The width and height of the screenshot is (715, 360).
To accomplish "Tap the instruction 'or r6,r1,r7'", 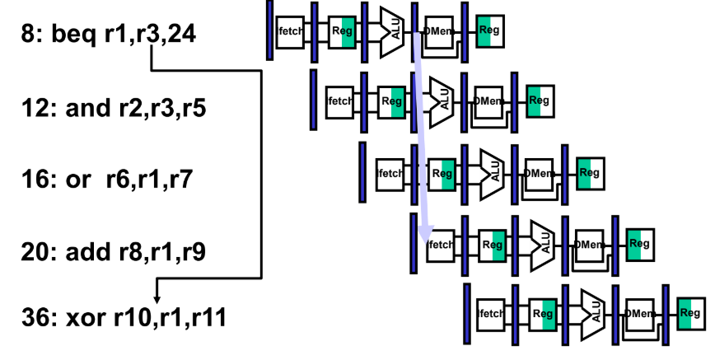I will [135, 178].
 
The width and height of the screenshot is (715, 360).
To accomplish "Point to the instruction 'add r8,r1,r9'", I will [135, 250].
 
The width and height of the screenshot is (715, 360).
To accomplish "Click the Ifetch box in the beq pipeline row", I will [289, 30].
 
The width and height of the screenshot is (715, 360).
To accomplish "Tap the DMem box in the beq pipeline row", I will [437, 30].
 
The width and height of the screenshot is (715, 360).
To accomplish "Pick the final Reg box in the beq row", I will [489, 30].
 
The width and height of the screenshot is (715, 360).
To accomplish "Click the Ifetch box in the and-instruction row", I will [339, 101].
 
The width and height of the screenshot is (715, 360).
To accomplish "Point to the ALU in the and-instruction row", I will [442, 101].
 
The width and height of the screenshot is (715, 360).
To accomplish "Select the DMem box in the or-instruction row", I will [538, 173].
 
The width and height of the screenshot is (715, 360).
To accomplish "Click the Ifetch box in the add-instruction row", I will [439, 244].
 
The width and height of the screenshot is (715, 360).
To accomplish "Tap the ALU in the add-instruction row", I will [543, 244].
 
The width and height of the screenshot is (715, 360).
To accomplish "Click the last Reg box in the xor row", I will [691, 313].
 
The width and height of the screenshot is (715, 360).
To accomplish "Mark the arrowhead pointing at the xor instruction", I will [157, 298].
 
